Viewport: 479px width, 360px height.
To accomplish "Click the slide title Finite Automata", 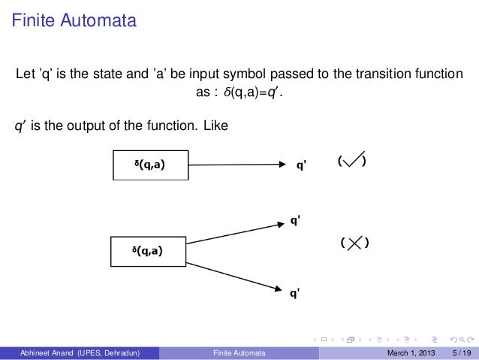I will tap(73, 20).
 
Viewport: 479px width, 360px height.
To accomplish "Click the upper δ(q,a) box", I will tap(150, 165).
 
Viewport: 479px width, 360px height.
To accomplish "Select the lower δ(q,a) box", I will tap(148, 251).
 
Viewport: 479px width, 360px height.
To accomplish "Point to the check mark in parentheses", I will tap(352, 160).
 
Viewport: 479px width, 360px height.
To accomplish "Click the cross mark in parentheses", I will tap(355, 242).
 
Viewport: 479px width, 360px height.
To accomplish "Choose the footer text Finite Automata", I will tap(234, 352).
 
